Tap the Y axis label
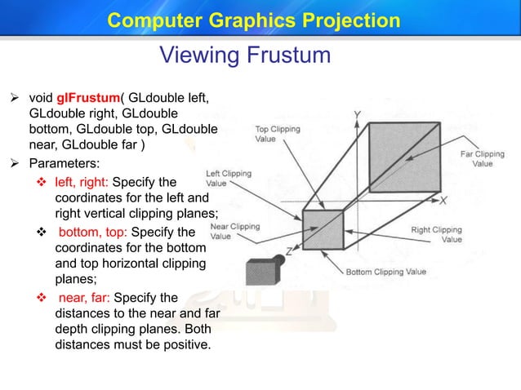358,115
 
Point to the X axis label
443,200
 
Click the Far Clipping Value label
482,158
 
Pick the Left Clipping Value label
228,179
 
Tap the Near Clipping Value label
234,231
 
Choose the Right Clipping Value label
436,235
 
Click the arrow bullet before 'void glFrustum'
14,99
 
